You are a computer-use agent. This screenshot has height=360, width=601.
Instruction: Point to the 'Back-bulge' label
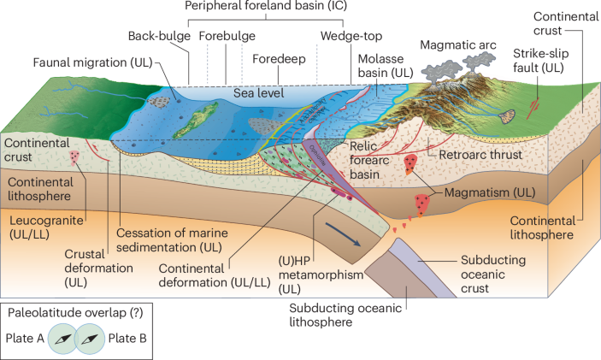point(159,36)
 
